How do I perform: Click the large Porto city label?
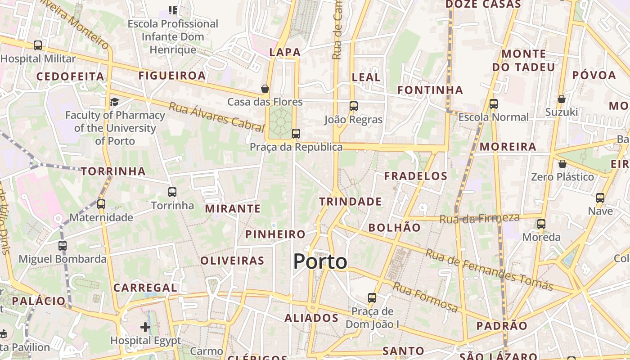point(320,262)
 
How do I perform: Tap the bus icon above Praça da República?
point(296,134)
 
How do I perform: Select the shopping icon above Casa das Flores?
point(265,89)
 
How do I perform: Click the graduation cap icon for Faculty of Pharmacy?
point(114,102)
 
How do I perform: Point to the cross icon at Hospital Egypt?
point(145,327)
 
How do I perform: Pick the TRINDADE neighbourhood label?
point(351,202)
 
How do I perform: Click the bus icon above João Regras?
point(354,106)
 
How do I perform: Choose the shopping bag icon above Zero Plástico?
point(562,164)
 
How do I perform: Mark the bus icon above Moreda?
point(541,224)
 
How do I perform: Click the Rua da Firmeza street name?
point(479,219)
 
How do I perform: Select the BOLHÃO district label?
point(394,228)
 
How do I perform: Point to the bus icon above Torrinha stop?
point(172,192)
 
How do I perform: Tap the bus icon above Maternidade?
point(101,204)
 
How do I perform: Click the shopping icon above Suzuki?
point(561,99)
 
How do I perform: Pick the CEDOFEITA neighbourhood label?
point(70,76)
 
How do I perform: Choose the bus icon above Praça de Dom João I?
point(372,298)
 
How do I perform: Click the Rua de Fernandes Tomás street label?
point(489,270)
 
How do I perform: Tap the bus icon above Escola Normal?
point(494,104)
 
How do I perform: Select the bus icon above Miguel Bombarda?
point(63,246)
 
